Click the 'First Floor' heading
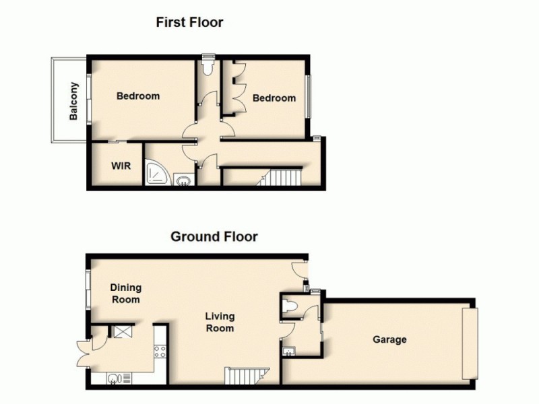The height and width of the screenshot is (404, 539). (189, 22)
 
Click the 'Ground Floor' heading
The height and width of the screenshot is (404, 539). (214, 236)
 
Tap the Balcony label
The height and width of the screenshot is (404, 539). (74, 101)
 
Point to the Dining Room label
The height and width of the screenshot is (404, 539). (125, 294)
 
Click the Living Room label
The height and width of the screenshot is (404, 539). (220, 322)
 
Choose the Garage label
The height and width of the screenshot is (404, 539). (389, 339)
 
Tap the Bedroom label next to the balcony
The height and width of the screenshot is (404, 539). (138, 96)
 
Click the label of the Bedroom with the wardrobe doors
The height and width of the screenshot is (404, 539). (274, 98)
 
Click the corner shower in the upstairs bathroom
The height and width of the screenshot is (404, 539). (157, 174)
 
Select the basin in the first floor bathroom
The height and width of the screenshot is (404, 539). (183, 179)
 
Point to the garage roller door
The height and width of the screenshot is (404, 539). (470, 343)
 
